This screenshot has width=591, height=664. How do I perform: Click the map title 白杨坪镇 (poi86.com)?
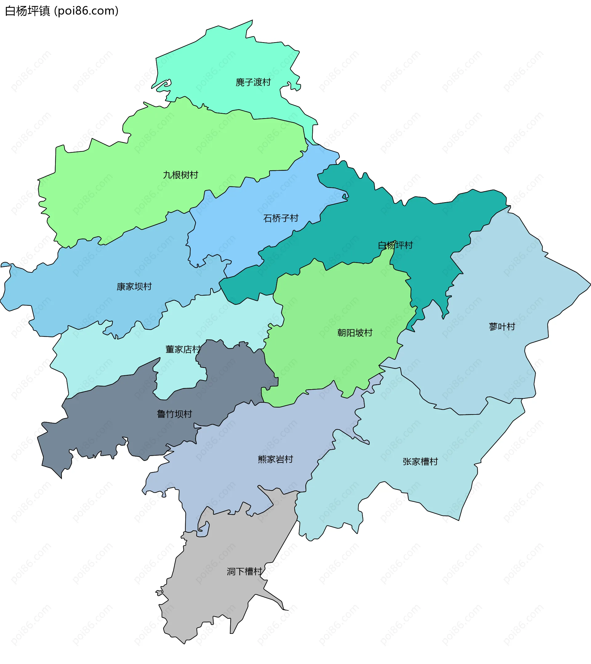(x=62, y=11)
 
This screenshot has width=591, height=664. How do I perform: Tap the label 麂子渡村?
(x=253, y=82)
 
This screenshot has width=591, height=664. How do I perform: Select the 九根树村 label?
(x=180, y=175)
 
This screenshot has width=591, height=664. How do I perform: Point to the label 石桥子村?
(x=281, y=218)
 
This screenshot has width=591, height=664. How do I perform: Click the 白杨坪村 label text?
(x=395, y=245)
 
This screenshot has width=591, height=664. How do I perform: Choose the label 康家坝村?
(x=134, y=286)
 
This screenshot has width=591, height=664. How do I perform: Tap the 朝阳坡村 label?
(x=355, y=333)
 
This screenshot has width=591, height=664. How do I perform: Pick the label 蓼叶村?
(x=502, y=326)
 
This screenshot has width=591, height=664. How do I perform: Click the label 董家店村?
(x=183, y=349)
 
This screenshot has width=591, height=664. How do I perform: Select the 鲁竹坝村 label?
(x=175, y=414)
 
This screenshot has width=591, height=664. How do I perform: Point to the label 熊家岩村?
(x=275, y=459)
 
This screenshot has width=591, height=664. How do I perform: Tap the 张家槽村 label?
(x=420, y=461)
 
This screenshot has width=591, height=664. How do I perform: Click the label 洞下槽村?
(x=244, y=571)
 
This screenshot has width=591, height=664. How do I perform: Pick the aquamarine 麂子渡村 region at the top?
(x=227, y=58)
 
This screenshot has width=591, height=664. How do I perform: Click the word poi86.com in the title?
(x=86, y=11)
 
